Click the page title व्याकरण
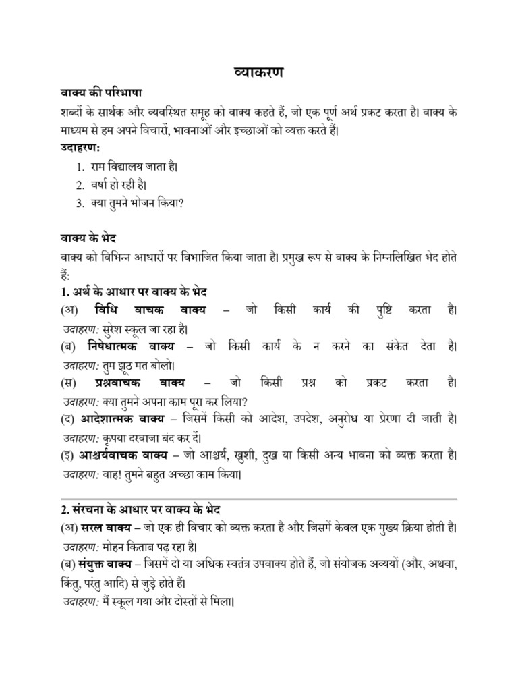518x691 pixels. (258, 73)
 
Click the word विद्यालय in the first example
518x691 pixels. (135, 166)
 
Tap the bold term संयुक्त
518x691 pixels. (99, 563)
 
